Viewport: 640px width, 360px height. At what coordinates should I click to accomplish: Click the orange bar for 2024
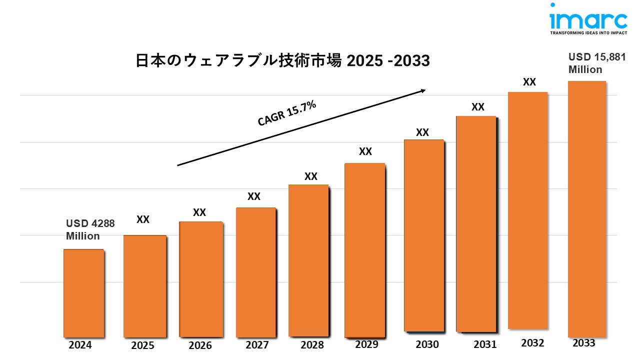tap(83, 293)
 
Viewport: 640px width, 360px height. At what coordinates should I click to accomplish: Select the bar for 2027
tap(255, 272)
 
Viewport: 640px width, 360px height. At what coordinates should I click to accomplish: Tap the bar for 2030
tap(423, 235)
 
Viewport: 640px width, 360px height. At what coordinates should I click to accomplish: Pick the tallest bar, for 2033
tap(587, 209)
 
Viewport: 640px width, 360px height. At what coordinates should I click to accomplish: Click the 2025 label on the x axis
tap(142, 345)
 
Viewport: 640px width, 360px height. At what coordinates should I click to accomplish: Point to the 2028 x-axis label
tap(312, 345)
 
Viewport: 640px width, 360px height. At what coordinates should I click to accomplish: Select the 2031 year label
tap(485, 344)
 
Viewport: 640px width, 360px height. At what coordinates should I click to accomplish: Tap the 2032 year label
tap(532, 343)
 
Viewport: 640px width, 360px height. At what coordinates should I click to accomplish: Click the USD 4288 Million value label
tap(90, 229)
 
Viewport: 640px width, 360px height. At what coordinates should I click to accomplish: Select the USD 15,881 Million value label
tap(596, 63)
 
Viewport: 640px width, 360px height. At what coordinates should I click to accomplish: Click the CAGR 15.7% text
tap(286, 113)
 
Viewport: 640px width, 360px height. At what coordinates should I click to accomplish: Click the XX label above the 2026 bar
tap(199, 212)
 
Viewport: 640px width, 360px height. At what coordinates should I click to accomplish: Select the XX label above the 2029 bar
tap(365, 151)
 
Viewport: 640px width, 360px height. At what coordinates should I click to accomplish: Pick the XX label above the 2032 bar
tap(529, 82)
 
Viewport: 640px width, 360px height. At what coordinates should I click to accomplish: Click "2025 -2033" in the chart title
tap(388, 61)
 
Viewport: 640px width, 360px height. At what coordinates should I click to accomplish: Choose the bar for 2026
tap(201, 279)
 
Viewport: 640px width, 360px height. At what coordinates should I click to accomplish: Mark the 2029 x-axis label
tap(366, 344)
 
